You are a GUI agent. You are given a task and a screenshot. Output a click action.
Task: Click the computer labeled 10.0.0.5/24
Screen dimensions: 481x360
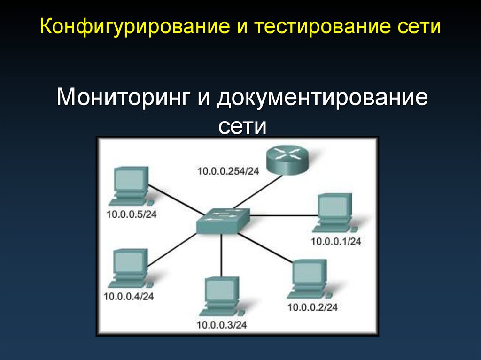(x=129, y=186)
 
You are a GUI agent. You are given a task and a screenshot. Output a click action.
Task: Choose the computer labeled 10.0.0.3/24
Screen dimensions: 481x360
(x=221, y=296)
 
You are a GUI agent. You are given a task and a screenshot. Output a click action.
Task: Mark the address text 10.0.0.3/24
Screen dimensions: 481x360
(x=221, y=324)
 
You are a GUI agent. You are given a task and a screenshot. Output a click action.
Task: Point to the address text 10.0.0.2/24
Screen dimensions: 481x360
(x=312, y=308)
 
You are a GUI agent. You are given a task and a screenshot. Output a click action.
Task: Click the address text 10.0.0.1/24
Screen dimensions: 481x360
(x=335, y=242)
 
